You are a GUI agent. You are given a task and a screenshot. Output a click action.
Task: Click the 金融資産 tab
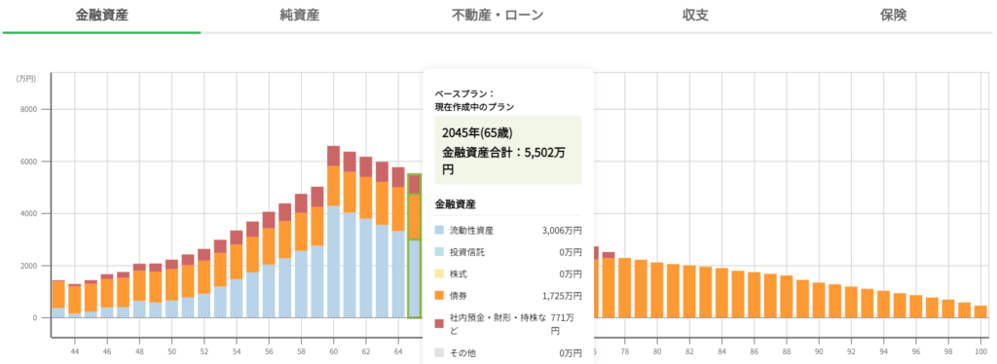101,16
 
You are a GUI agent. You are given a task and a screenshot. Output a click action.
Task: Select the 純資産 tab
299,16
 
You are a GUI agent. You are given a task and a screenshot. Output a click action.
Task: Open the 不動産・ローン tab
498,16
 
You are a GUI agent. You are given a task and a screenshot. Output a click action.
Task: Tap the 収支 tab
695,16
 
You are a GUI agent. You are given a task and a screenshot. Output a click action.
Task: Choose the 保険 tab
893,16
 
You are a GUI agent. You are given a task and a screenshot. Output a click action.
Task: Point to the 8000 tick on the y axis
28,109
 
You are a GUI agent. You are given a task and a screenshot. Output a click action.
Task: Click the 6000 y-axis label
28,162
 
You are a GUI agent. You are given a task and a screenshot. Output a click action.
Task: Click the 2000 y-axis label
28,266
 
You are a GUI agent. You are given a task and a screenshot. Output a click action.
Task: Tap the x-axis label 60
334,351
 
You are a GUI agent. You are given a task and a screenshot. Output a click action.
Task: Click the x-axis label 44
75,351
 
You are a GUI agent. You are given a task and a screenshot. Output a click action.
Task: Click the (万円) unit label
25,78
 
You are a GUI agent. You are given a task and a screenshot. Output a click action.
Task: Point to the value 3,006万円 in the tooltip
562,231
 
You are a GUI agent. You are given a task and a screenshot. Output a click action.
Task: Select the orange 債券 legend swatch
440,295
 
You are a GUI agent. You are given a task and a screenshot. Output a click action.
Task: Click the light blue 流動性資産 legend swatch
440,231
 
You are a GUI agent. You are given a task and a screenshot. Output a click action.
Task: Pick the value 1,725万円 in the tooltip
562,295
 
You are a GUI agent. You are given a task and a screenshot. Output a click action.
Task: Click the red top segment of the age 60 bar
334,156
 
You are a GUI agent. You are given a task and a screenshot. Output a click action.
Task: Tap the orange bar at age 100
979,311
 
